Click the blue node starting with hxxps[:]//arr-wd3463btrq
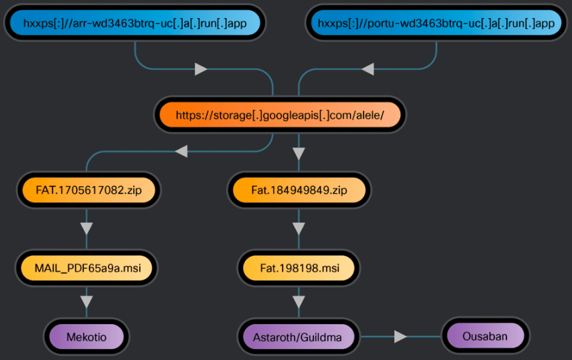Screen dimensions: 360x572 (134, 24)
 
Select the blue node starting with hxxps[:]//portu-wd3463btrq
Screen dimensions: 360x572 (436, 24)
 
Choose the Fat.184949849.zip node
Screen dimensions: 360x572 (299, 190)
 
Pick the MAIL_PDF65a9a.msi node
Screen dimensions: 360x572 (87, 266)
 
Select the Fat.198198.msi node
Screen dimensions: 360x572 (299, 266)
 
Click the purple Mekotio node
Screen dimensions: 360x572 (87, 337)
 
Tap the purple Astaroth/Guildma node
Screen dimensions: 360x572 (298, 337)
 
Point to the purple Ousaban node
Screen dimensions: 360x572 (485, 336)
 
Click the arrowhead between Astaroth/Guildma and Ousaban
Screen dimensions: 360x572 (400, 337)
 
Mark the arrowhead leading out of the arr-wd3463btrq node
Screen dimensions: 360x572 (201, 69)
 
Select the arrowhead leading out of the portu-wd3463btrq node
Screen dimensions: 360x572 (368, 69)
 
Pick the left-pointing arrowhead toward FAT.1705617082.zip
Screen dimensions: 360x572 (181, 151)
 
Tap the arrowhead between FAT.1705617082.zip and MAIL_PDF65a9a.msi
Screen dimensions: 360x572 (87, 228)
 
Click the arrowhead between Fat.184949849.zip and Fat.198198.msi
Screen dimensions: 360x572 (298, 228)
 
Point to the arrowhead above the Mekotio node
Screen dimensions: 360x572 (87, 302)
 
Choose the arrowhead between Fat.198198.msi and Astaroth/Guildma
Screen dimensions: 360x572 (298, 302)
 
